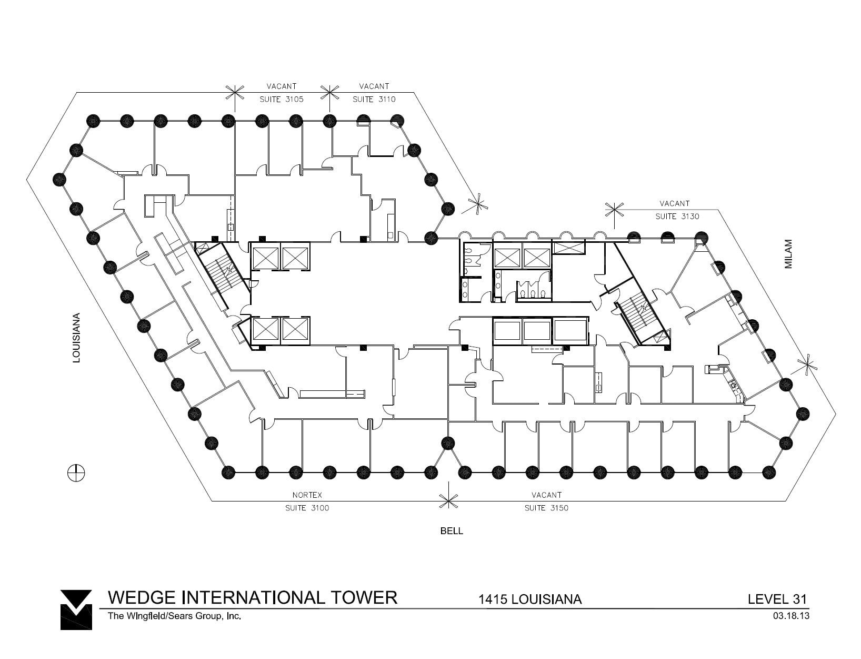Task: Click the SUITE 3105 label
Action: pyautogui.click(x=281, y=99)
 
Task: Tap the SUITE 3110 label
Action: pyautogui.click(x=374, y=99)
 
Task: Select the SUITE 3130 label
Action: pyautogui.click(x=677, y=217)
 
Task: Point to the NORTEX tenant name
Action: pyautogui.click(x=307, y=495)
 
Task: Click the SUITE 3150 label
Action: pyautogui.click(x=546, y=508)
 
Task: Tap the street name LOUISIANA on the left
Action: pyautogui.click(x=77, y=338)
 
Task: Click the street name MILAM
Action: pyautogui.click(x=788, y=254)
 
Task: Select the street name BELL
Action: pyautogui.click(x=452, y=531)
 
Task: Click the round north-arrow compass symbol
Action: pyautogui.click(x=76, y=473)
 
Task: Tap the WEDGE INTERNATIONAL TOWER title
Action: pyautogui.click(x=253, y=597)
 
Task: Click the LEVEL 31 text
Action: pyautogui.click(x=777, y=599)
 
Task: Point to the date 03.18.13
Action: pyautogui.click(x=790, y=615)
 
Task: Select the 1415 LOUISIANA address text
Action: pyautogui.click(x=529, y=599)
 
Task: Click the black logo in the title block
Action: pyautogui.click(x=76, y=609)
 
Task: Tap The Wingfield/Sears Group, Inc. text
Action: pyautogui.click(x=174, y=615)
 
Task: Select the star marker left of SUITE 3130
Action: pyautogui.click(x=615, y=210)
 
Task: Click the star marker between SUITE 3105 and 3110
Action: pyautogui.click(x=330, y=93)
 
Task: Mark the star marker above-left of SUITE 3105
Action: pyautogui.click(x=235, y=93)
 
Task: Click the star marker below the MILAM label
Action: pyautogui.click(x=807, y=365)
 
